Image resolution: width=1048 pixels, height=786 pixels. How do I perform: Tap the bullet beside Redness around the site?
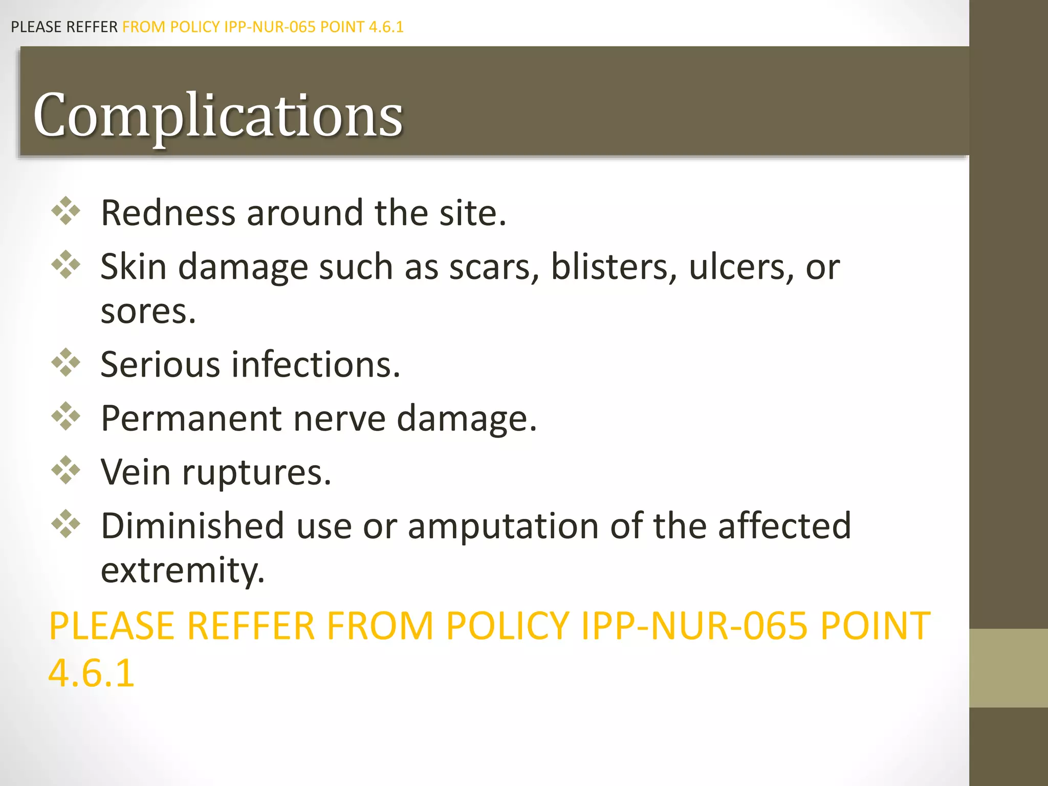coord(66,211)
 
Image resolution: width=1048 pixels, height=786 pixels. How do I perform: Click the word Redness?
coord(168,212)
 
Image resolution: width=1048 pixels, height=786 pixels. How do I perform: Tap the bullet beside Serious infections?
coord(66,363)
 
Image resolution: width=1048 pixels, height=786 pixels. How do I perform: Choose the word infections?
coord(316,364)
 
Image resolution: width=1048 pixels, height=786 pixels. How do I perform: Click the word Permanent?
coord(191,419)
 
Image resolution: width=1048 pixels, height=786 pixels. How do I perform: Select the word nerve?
coord(339,419)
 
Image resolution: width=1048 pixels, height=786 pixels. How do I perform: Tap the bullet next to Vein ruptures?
coord(66,470)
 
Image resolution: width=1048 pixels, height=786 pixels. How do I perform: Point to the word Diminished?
coord(192,526)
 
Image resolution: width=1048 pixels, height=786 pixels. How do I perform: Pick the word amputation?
coord(503,526)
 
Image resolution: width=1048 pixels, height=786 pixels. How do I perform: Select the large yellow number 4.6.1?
coord(91,672)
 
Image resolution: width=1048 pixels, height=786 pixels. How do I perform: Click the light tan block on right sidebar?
coord(1008,668)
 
